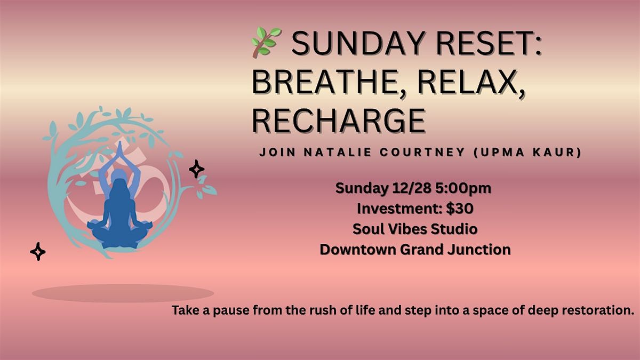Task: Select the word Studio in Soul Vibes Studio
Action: pyautogui.click(x=454, y=229)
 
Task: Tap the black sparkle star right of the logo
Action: pyautogui.click(x=197, y=170)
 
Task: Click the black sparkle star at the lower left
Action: pyautogui.click(x=38, y=251)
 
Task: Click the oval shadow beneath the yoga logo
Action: pyautogui.click(x=123, y=293)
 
